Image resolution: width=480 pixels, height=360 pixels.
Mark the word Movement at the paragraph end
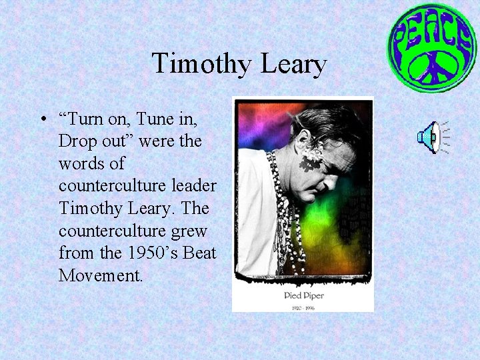(x=100, y=275)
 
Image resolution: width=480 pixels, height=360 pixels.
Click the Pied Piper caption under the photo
(x=304, y=295)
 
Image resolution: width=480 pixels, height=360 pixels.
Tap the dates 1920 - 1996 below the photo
(x=304, y=307)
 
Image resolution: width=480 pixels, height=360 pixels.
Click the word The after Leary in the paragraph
(x=195, y=208)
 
